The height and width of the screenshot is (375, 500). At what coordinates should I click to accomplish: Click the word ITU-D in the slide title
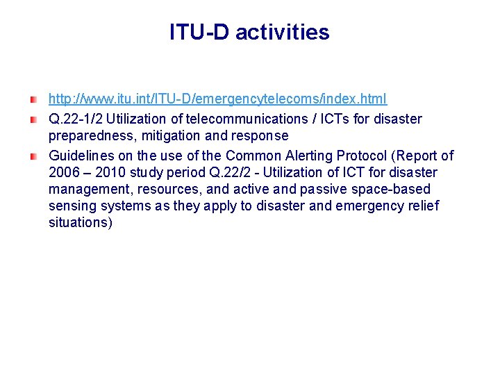point(199,33)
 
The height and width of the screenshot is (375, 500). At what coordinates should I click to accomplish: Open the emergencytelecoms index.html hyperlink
point(217,99)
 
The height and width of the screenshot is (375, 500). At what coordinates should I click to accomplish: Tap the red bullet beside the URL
point(33,101)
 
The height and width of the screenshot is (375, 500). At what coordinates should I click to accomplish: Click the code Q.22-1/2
point(75,119)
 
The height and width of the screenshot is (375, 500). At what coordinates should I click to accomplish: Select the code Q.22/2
point(221,173)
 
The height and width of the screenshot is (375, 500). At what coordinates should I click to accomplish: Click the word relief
point(422,206)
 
